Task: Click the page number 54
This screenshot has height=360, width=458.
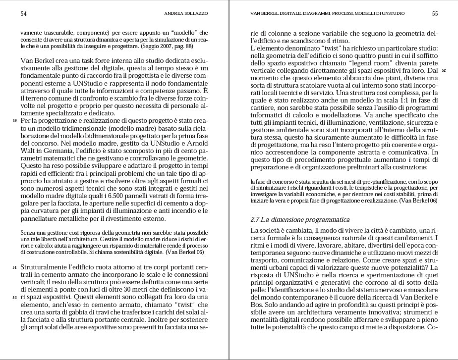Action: [23, 14]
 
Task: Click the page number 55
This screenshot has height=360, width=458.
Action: [435, 14]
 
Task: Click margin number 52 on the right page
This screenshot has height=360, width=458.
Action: [444, 70]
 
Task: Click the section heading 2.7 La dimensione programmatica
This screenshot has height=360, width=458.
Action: [300, 219]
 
